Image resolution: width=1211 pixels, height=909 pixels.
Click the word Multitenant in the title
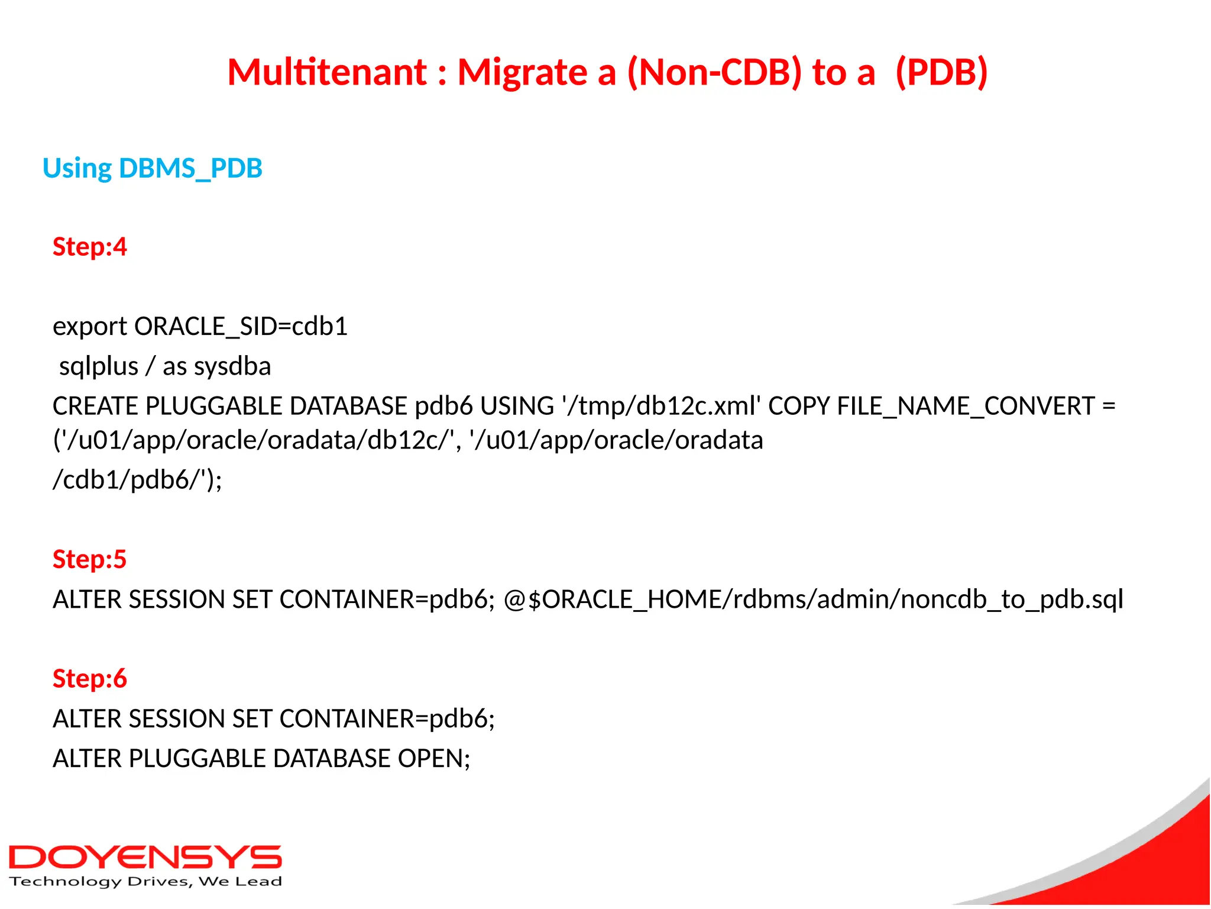click(x=327, y=72)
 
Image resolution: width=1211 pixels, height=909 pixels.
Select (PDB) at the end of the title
click(x=941, y=72)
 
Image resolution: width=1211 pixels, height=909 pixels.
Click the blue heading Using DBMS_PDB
click(x=153, y=169)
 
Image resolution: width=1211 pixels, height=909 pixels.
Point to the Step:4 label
click(x=90, y=247)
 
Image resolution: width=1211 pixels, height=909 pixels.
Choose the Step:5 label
click(x=90, y=559)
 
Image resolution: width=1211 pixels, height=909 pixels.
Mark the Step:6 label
click(x=90, y=679)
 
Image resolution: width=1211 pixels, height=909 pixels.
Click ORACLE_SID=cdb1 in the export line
click(x=241, y=327)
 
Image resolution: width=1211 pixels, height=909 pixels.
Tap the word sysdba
click(x=232, y=367)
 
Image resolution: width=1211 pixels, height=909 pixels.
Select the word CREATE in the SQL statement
click(x=95, y=407)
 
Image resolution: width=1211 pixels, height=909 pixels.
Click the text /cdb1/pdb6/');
click(x=137, y=480)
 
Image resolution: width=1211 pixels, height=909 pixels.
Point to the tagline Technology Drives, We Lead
click(x=145, y=882)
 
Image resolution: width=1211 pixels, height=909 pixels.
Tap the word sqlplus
click(x=99, y=367)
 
